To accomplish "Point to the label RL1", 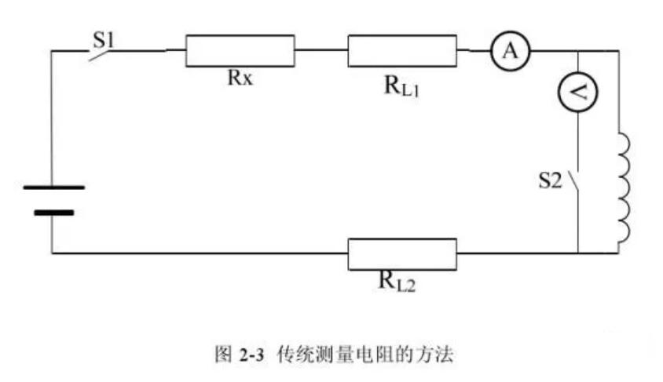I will tap(404, 85).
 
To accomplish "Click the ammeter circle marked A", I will tap(511, 52).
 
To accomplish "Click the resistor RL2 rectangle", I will tap(402, 253).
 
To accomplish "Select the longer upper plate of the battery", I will tap(53, 187).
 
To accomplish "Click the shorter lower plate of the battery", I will tap(53, 212).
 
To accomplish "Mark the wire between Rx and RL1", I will tap(321, 51).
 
